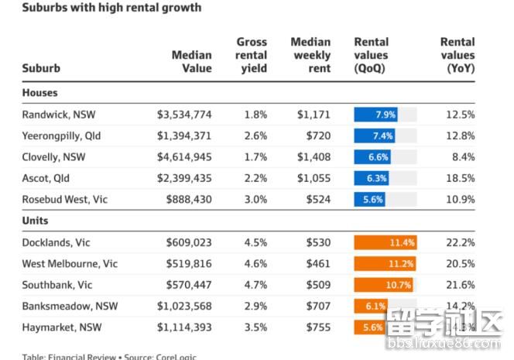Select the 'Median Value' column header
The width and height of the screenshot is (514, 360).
[x=192, y=62]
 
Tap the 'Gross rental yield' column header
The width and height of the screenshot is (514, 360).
[x=252, y=55]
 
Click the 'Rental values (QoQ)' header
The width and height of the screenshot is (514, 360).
[x=371, y=55]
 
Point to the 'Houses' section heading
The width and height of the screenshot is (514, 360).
[x=39, y=93]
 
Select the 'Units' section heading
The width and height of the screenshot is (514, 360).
[x=36, y=221]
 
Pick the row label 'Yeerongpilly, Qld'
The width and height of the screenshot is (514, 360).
[x=62, y=136]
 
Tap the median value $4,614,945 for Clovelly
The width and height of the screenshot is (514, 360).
[x=184, y=157]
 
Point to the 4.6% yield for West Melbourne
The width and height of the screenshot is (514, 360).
[x=255, y=264]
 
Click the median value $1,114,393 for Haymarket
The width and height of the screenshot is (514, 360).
[x=184, y=327]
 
